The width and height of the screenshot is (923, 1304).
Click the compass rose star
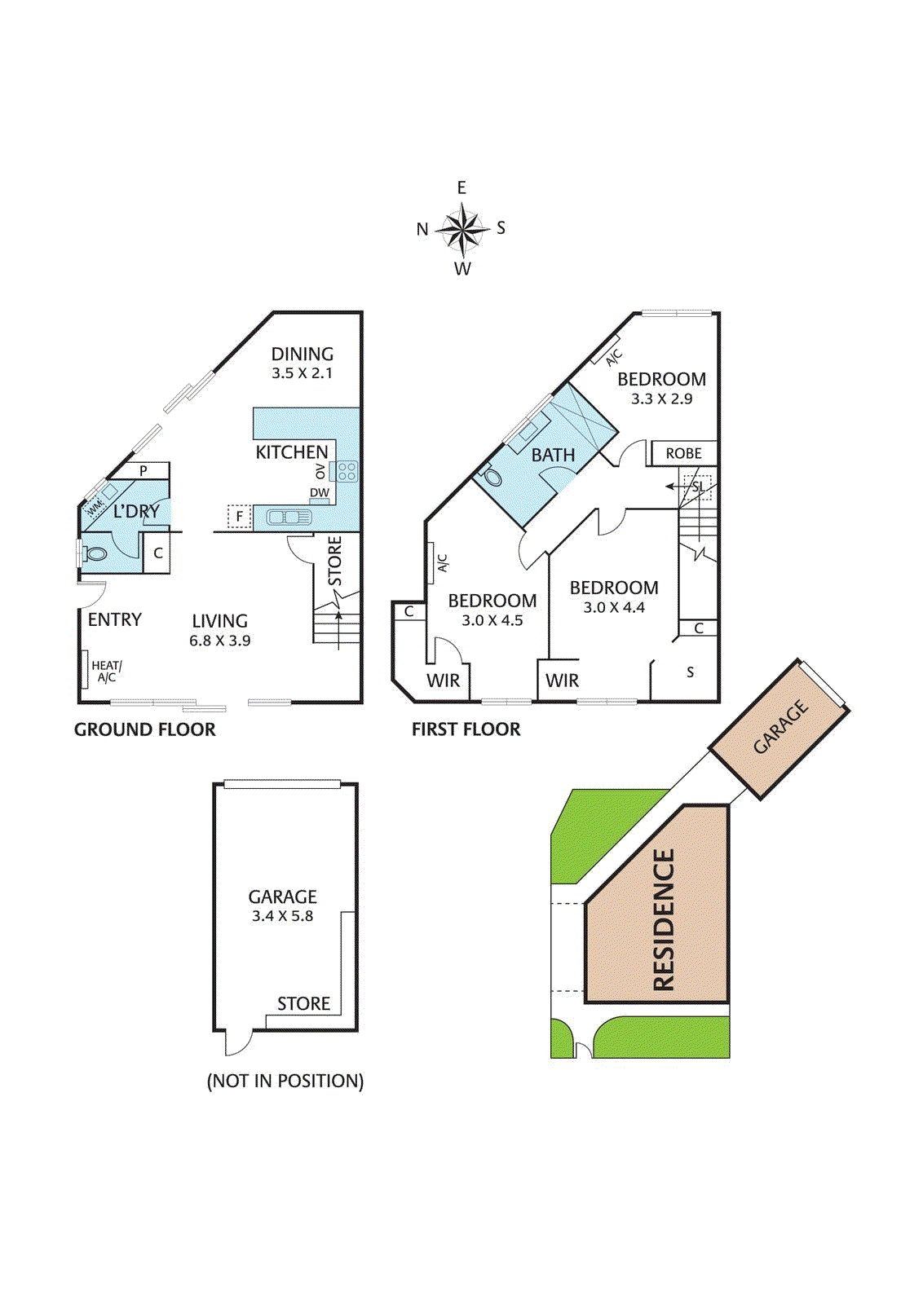point(462,228)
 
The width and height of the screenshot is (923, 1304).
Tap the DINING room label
point(303,354)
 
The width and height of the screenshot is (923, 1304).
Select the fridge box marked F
point(239,516)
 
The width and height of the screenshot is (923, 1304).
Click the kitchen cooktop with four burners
point(347,471)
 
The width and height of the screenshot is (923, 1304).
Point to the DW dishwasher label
point(320,493)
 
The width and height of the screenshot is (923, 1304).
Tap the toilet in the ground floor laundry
point(95,554)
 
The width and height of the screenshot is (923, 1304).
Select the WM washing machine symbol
point(95,506)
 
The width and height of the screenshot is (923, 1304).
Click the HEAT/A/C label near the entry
point(106,672)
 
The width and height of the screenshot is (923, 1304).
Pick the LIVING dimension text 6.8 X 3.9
point(220,641)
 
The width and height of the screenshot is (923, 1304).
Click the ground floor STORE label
point(335,561)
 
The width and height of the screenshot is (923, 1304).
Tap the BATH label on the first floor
point(553,456)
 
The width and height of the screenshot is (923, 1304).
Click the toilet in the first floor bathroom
point(492,477)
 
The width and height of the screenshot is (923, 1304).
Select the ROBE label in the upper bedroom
point(683,453)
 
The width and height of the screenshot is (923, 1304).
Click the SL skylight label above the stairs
point(698,487)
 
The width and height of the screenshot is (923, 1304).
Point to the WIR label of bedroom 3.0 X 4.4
point(562,681)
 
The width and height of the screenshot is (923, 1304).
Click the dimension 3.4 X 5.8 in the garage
point(282,916)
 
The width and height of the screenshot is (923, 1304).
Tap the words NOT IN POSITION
point(285,1081)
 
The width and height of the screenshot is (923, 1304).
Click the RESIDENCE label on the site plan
point(664,919)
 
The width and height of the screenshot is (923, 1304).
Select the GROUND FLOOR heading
point(145,729)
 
